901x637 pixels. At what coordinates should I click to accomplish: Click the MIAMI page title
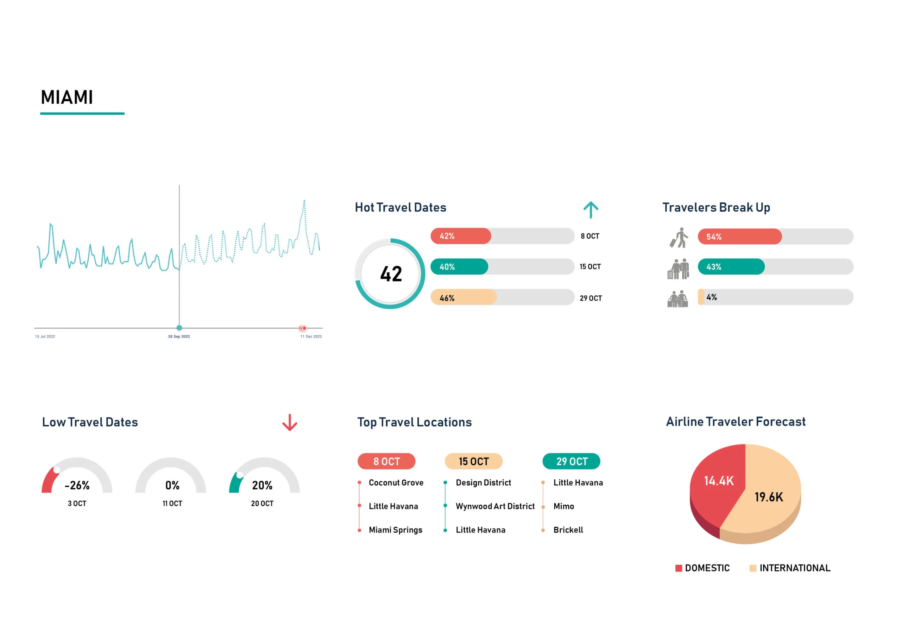[x=67, y=97]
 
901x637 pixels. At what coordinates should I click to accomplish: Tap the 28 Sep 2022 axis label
[x=179, y=336]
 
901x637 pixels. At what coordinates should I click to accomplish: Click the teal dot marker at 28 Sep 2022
[x=179, y=328]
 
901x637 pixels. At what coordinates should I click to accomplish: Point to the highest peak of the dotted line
[x=304, y=201]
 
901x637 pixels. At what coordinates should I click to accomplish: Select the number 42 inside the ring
[x=391, y=274]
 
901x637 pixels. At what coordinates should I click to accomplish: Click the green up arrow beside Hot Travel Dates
[x=591, y=210]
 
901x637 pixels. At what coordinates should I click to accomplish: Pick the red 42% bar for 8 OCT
[x=461, y=236]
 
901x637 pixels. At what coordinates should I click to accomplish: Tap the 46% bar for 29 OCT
[x=464, y=297]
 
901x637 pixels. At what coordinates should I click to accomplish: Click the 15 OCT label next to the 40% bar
[x=590, y=267]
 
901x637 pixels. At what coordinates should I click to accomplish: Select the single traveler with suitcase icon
[x=679, y=238]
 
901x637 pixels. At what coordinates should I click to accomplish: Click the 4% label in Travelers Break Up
[x=711, y=297]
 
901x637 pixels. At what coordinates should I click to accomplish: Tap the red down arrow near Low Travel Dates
[x=290, y=422]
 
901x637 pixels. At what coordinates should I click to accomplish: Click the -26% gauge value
[x=77, y=486]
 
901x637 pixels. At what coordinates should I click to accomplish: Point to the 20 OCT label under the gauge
[x=262, y=504]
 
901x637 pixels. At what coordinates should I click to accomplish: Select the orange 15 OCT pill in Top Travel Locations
[x=473, y=461]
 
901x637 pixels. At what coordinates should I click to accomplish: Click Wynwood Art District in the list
[x=495, y=506]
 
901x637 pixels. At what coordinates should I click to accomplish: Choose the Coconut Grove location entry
[x=396, y=483]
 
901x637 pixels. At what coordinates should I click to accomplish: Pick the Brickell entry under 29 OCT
[x=568, y=530]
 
